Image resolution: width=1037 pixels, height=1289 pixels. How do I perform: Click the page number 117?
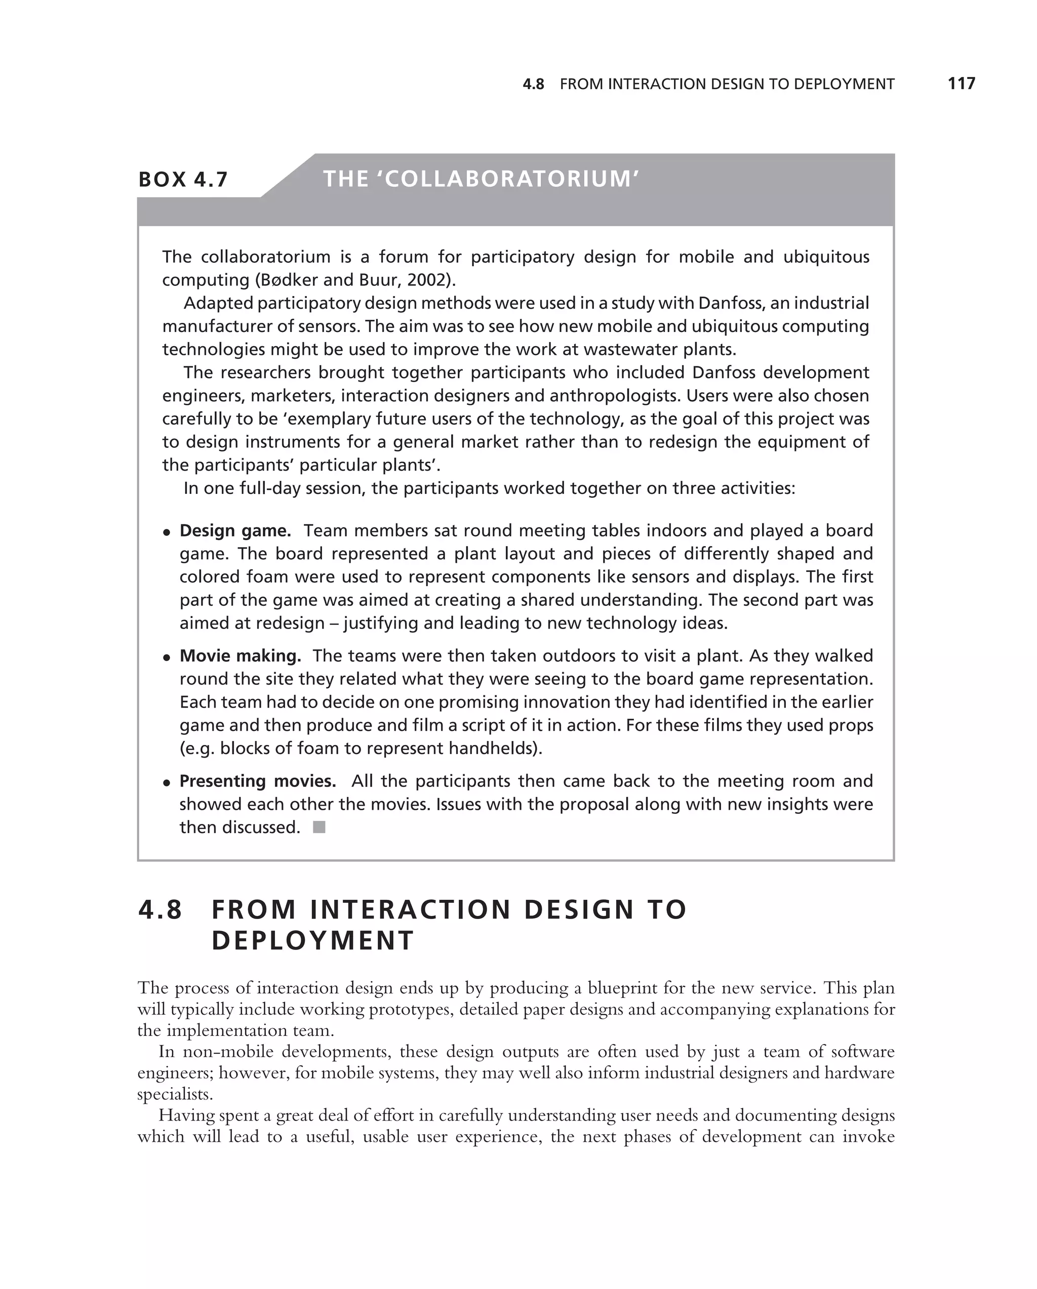961,84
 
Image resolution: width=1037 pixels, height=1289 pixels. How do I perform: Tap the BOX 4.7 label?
183,179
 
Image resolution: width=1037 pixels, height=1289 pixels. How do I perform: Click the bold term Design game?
235,531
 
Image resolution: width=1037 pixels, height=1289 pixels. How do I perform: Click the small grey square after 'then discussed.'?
320,827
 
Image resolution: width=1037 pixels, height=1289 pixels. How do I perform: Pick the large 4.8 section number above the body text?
161,910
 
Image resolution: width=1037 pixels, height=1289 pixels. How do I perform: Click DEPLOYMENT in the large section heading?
313,940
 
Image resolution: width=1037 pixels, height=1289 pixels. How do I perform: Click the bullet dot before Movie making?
167,657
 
